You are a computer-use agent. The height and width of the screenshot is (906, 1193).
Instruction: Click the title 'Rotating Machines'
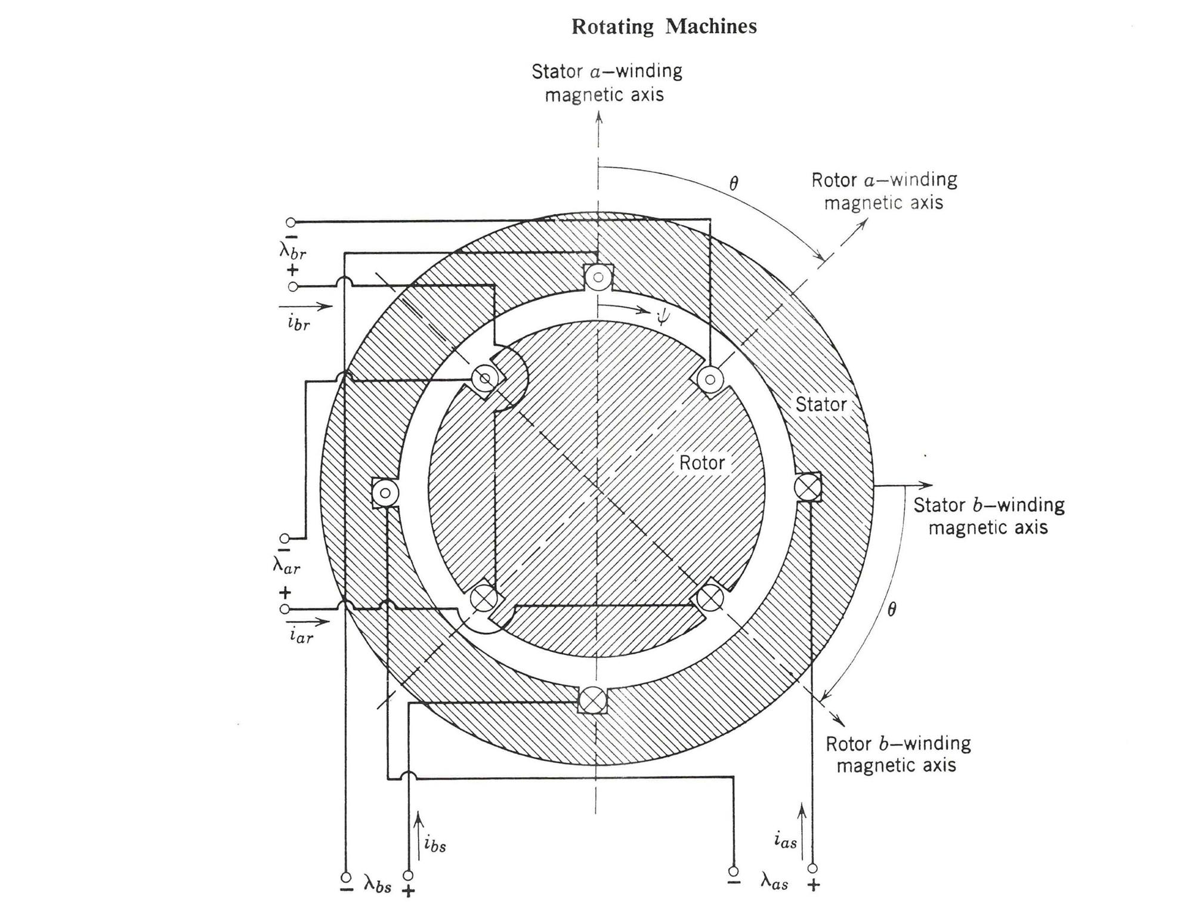tap(664, 26)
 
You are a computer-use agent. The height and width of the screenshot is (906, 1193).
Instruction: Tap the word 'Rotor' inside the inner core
tap(701, 463)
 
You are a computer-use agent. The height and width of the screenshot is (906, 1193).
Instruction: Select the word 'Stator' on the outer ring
tap(821, 404)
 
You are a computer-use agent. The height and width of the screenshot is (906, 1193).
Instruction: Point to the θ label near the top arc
tap(734, 184)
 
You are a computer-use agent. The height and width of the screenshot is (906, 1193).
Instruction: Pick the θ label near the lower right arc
tap(891, 610)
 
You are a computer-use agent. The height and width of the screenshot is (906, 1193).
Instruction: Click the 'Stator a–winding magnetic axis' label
tap(606, 83)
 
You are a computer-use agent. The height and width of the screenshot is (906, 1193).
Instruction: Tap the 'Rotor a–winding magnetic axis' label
tap(884, 191)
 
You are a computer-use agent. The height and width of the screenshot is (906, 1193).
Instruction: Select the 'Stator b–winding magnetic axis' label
tap(988, 516)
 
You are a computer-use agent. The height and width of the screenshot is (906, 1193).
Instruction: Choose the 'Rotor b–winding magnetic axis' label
tap(897, 754)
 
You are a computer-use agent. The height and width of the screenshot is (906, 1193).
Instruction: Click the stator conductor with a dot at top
tap(598, 277)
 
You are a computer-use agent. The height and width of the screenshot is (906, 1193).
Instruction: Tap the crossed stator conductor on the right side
tap(808, 486)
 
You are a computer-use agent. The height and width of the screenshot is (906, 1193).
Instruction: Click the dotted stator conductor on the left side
tap(385, 493)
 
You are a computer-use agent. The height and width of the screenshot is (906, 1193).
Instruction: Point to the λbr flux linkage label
tap(293, 250)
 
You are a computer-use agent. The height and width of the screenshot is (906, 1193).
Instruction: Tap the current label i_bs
tap(435, 844)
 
